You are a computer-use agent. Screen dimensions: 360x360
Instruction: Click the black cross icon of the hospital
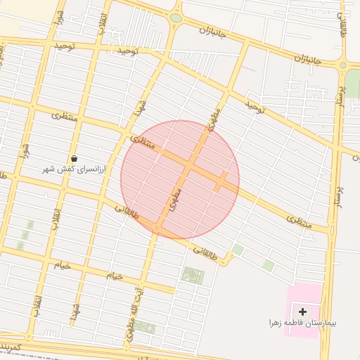point(303,311)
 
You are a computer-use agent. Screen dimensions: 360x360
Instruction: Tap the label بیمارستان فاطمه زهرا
point(302,324)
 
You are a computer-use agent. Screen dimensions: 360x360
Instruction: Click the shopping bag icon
point(75,159)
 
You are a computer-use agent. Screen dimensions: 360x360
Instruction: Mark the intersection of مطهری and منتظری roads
point(191,166)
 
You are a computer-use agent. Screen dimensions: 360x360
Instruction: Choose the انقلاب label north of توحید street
point(104,17)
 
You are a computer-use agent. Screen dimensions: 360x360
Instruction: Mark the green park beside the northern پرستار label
point(352,86)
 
